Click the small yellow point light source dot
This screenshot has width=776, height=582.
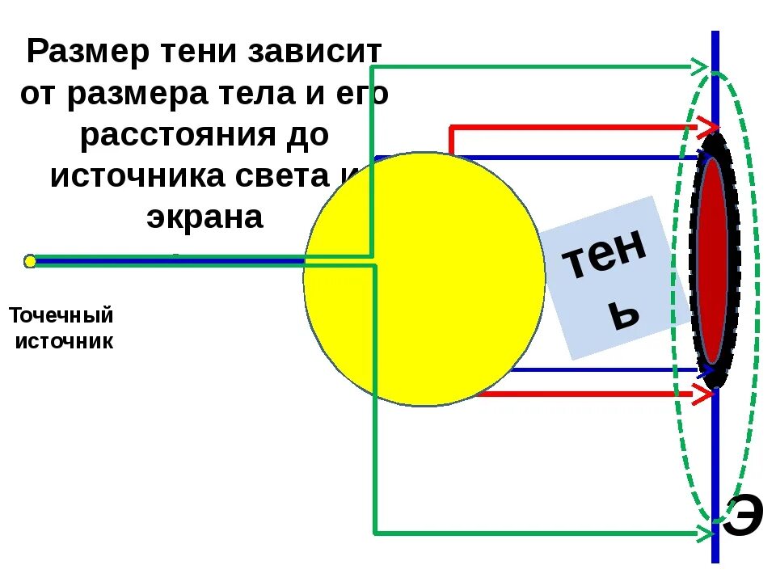(x=30, y=260)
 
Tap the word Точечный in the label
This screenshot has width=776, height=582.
(x=61, y=314)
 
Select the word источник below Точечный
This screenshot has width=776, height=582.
(x=65, y=341)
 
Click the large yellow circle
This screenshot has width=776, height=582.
(x=424, y=279)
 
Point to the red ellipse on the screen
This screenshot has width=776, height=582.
(x=712, y=260)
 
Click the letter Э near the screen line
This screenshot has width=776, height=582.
(x=742, y=517)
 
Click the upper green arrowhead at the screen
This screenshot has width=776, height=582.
(x=700, y=65)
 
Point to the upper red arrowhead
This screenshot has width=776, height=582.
(x=708, y=127)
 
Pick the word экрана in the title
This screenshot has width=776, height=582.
(x=205, y=217)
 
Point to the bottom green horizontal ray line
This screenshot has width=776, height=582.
(x=533, y=533)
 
